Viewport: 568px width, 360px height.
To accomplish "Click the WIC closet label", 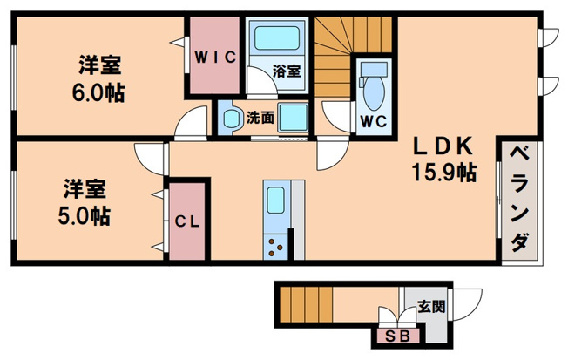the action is pyautogui.click(x=215, y=58).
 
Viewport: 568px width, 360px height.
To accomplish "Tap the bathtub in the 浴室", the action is pyautogui.click(x=277, y=37).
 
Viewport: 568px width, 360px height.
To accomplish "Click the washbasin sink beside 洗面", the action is pyautogui.click(x=231, y=119).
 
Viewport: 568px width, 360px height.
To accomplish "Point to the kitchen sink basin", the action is pyautogui.click(x=275, y=200).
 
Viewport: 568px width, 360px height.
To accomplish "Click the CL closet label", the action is pyautogui.click(x=187, y=221).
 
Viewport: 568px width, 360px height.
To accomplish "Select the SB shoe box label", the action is pyautogui.click(x=397, y=336).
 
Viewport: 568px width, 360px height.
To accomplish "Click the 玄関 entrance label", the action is pyautogui.click(x=431, y=307).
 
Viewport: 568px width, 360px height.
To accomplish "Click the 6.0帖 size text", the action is pyautogui.click(x=98, y=93).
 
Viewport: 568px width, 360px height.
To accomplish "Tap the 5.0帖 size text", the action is pyautogui.click(x=85, y=216).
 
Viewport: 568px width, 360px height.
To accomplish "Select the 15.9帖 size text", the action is pyautogui.click(x=443, y=173).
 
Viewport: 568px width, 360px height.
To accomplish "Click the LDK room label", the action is pyautogui.click(x=443, y=146).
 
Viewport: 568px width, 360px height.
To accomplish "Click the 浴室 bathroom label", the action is pyautogui.click(x=287, y=71).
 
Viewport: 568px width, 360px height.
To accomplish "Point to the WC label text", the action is pyautogui.click(x=374, y=122).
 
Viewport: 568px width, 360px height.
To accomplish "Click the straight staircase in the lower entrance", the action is pyautogui.click(x=306, y=304).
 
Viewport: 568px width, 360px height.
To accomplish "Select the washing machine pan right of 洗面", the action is pyautogui.click(x=293, y=118).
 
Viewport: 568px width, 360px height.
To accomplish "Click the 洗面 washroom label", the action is pyautogui.click(x=260, y=118).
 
